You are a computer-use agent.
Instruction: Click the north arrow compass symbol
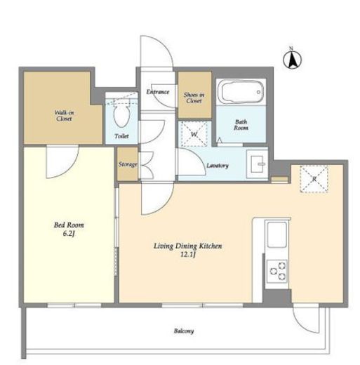tap(292, 60)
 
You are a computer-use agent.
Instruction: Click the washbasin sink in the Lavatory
tap(258, 164)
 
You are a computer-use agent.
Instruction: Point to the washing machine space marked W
tap(194, 134)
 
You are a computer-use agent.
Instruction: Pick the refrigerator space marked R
tap(314, 179)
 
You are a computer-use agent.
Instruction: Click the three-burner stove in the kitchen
tap(277, 271)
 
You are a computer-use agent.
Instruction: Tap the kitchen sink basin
tap(277, 235)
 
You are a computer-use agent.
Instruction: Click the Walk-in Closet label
tap(64, 116)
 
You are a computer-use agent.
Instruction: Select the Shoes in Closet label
tap(194, 98)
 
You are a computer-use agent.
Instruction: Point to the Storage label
tap(128, 164)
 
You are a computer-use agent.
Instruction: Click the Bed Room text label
tap(69, 225)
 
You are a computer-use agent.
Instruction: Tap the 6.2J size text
tap(69, 234)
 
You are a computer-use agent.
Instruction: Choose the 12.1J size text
tap(188, 255)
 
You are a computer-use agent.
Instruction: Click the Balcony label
tap(184, 331)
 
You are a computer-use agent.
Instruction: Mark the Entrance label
tap(158, 92)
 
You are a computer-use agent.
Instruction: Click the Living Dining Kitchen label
tap(188, 246)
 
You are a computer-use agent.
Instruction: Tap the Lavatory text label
tap(218, 166)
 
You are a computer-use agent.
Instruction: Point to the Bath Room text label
tap(241, 125)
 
